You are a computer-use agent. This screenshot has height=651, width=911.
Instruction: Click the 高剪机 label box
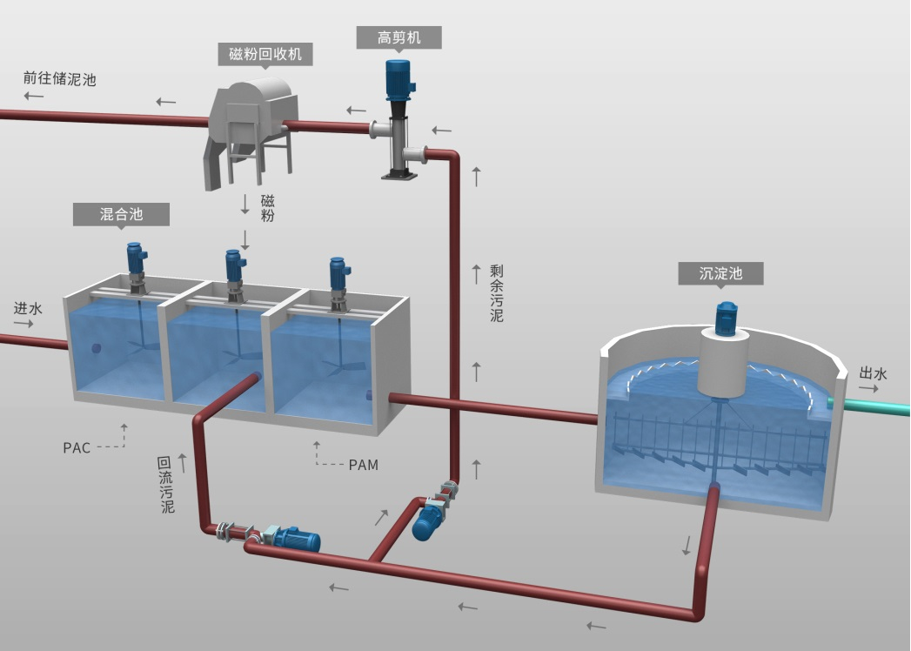pos(399,37)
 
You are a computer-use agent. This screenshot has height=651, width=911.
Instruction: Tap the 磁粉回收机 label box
pos(265,55)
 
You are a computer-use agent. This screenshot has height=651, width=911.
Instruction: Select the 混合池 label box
pos(120,214)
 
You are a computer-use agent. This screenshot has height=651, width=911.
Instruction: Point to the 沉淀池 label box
pos(720,273)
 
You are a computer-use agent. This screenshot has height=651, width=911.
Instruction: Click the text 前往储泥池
pos(59,79)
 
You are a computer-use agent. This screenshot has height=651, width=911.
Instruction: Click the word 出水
pos(873,373)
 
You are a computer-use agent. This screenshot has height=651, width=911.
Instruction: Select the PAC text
pos(77,448)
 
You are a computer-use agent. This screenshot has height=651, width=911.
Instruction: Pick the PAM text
pos(363,465)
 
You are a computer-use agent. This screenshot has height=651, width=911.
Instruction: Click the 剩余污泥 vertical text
pos(497,293)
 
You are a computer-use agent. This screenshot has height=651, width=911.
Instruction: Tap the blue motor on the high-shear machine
pos(399,79)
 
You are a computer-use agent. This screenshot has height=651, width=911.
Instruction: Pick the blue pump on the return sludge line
pos(295,540)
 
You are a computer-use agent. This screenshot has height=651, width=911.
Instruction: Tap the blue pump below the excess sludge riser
pos(428,520)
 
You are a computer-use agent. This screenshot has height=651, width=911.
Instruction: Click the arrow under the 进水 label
pos(23,324)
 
